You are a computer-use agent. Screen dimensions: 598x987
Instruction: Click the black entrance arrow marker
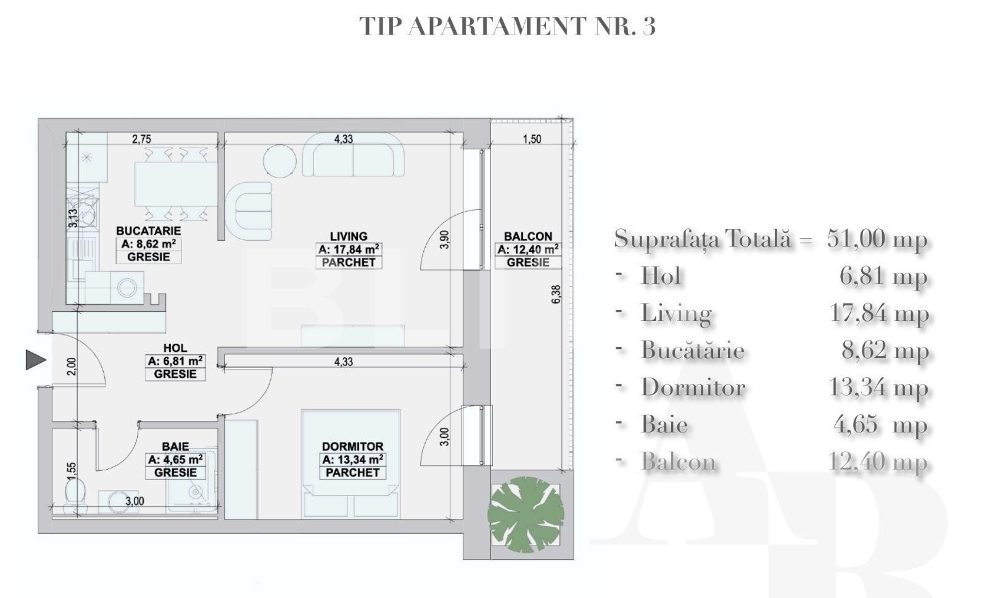(35, 360)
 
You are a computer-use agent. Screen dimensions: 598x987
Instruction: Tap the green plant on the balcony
(526, 514)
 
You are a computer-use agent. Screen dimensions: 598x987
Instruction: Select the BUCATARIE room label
(149, 231)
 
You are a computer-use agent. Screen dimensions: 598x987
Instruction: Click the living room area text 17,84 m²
(349, 249)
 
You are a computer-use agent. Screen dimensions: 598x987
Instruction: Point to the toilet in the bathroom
(76, 497)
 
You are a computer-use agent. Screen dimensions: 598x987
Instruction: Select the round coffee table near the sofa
(279, 161)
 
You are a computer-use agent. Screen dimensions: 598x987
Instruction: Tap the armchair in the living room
(249, 211)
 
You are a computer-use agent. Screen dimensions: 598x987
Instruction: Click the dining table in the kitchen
(176, 184)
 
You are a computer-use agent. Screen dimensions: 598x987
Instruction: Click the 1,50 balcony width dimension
(531, 139)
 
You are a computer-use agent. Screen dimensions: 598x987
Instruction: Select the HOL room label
(175, 348)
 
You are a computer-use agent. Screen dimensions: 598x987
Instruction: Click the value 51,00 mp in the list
(876, 238)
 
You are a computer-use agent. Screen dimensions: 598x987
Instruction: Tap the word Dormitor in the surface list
(693, 388)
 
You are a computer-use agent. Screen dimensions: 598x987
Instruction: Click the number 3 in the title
(648, 26)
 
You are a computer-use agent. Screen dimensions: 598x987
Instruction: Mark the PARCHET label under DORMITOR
(352, 473)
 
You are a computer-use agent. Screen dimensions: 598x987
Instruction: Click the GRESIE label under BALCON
(528, 262)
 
